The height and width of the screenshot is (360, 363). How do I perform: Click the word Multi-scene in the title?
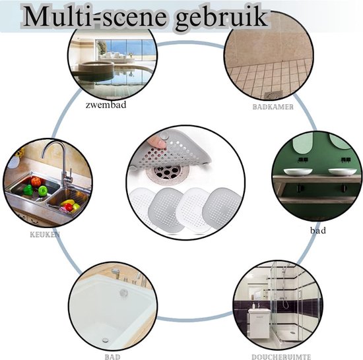pyautogui.click(x=94, y=16)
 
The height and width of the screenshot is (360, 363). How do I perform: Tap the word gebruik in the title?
pyautogui.click(x=222, y=18)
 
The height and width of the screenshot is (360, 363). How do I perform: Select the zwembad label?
pyautogui.click(x=106, y=105)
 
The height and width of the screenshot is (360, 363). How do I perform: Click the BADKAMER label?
pyautogui.click(x=273, y=107)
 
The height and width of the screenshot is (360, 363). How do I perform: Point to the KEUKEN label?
pyautogui.click(x=45, y=235)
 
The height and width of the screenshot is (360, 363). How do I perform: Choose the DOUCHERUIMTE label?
pyautogui.click(x=281, y=357)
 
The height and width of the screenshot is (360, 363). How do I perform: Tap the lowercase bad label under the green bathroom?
pyautogui.click(x=318, y=230)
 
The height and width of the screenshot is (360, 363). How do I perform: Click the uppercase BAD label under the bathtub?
pyautogui.click(x=112, y=357)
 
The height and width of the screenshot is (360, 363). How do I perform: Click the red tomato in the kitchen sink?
pyautogui.click(x=36, y=182)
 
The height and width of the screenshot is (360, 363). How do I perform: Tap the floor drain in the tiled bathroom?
pyautogui.click(x=273, y=94)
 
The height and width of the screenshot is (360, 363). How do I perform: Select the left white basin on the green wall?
pyautogui.click(x=298, y=172)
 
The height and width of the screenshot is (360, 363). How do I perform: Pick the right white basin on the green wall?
pyautogui.click(x=343, y=172)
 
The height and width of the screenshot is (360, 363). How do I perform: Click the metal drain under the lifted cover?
pyautogui.click(x=168, y=172)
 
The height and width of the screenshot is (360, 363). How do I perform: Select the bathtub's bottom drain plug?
pyautogui.click(x=106, y=340)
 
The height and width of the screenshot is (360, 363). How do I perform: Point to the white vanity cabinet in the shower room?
pyautogui.click(x=259, y=321)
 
